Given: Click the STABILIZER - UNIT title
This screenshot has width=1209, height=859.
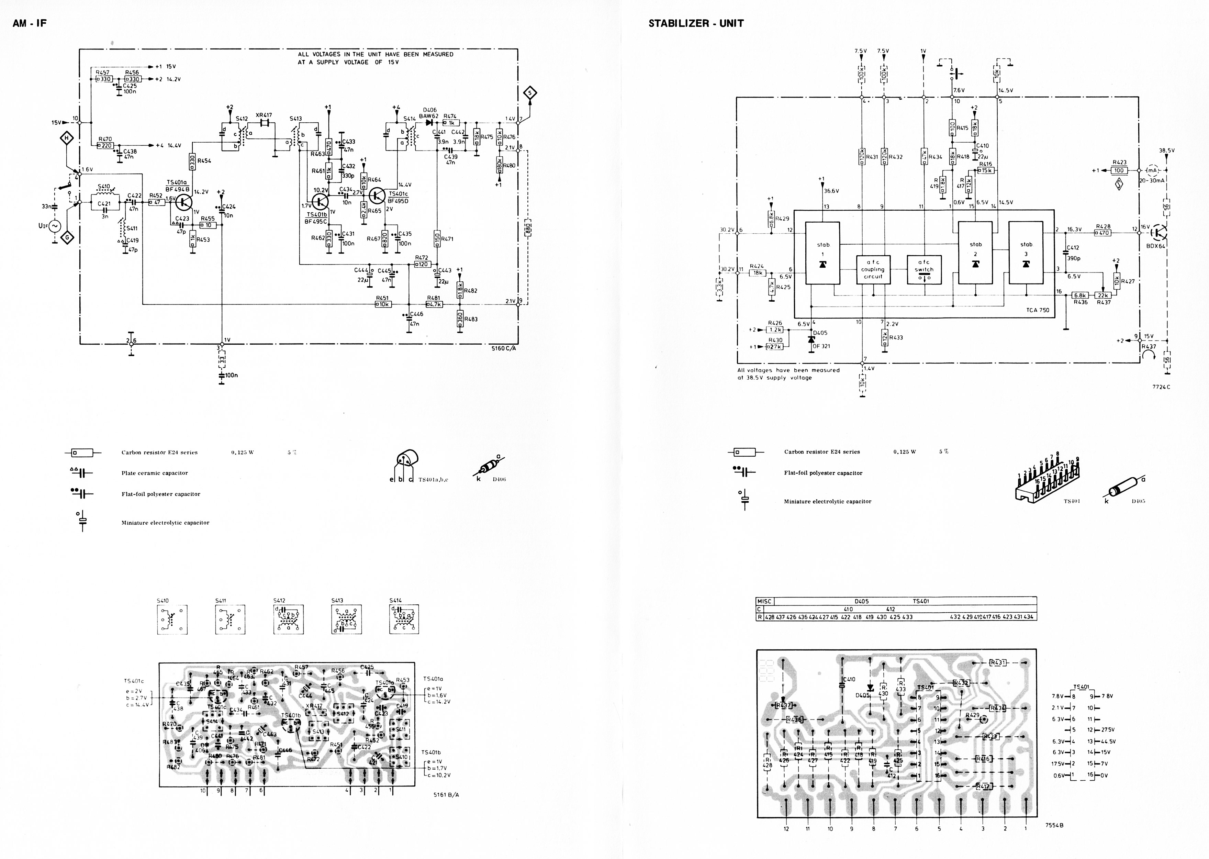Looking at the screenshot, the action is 696,23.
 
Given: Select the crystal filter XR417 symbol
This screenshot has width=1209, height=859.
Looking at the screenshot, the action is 264,123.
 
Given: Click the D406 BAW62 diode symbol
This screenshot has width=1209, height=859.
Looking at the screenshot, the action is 429,123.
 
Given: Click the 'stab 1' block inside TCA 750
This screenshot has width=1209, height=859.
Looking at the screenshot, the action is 822,253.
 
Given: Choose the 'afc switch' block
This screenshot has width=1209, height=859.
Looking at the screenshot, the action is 924,270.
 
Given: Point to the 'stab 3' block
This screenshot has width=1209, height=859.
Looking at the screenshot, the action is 1026,253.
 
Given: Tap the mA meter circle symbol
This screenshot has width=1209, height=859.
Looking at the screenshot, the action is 1152,170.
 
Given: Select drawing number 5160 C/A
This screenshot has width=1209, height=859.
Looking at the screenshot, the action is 503,348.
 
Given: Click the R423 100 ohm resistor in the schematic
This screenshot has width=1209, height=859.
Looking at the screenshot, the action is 1119,170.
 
